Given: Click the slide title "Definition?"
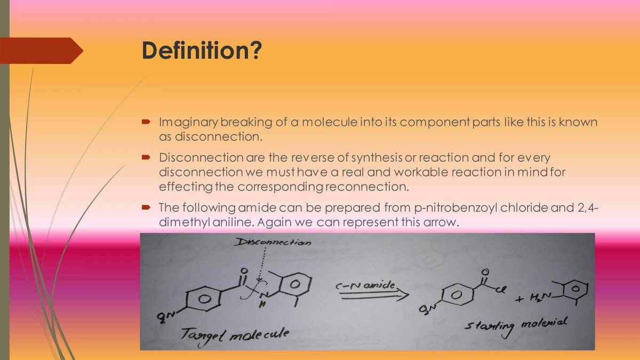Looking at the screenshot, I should [x=202, y=51].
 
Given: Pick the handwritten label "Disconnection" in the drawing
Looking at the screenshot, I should [x=273, y=243].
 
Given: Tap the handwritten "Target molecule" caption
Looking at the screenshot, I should [x=235, y=334].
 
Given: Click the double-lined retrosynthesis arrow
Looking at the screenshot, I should [x=373, y=295].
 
